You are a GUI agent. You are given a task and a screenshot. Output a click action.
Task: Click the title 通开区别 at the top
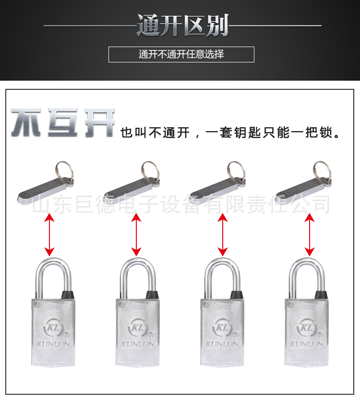click(x=182, y=25)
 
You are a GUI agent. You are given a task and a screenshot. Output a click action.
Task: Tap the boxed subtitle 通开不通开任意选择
click(x=181, y=54)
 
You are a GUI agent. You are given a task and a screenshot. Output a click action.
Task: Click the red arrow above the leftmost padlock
click(x=49, y=235)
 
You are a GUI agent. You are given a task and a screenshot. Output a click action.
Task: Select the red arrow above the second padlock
click(x=136, y=235)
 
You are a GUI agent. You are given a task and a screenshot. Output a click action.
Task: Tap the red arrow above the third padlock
click(x=222, y=235)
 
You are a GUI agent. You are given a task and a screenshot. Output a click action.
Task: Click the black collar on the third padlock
click(x=236, y=294)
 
